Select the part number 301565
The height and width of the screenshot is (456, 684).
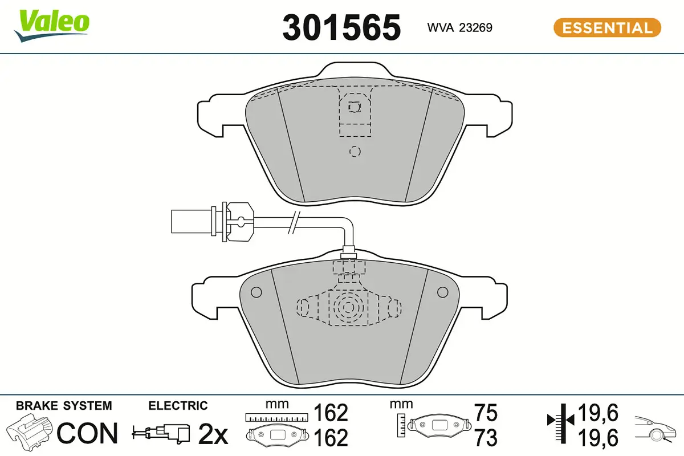[341, 27]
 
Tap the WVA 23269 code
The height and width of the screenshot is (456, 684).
[459, 28]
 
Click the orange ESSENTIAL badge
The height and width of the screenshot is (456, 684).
[607, 28]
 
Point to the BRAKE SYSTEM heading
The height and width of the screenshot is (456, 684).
[64, 406]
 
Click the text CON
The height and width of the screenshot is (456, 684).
[87, 434]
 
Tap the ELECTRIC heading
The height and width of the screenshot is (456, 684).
[178, 406]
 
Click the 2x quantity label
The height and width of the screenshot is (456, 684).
[213, 435]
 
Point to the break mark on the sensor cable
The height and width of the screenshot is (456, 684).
[294, 221]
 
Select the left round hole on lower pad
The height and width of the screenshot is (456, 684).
[255, 292]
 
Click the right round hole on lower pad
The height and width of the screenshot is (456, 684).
[442, 292]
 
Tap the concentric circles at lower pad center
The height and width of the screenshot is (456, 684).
[347, 308]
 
